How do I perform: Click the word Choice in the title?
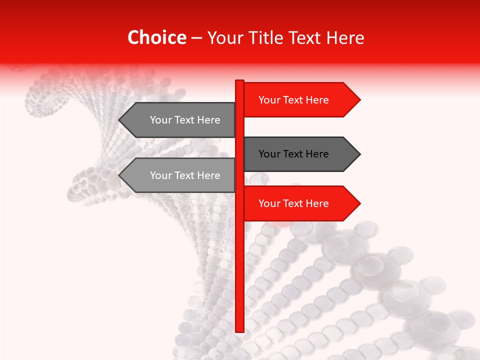pyautogui.click(x=156, y=37)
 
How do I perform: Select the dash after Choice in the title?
pyautogui.click(x=196, y=38)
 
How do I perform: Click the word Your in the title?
pyautogui.click(x=225, y=37)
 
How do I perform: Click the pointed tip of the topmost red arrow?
pyautogui.click(x=359, y=99)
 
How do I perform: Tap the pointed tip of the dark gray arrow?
pyautogui.click(x=359, y=154)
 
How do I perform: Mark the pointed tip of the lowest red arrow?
pyautogui.click(x=359, y=203)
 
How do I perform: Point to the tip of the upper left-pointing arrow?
pyautogui.click(x=119, y=120)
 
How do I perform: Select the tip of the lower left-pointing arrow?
pyautogui.click(x=119, y=175)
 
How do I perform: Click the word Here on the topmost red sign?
pyautogui.click(x=316, y=100)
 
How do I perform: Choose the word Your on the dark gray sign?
pyautogui.click(x=269, y=154)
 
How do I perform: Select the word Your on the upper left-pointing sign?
pyautogui.click(x=161, y=120)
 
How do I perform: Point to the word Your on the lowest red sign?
pyautogui.click(x=269, y=203)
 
